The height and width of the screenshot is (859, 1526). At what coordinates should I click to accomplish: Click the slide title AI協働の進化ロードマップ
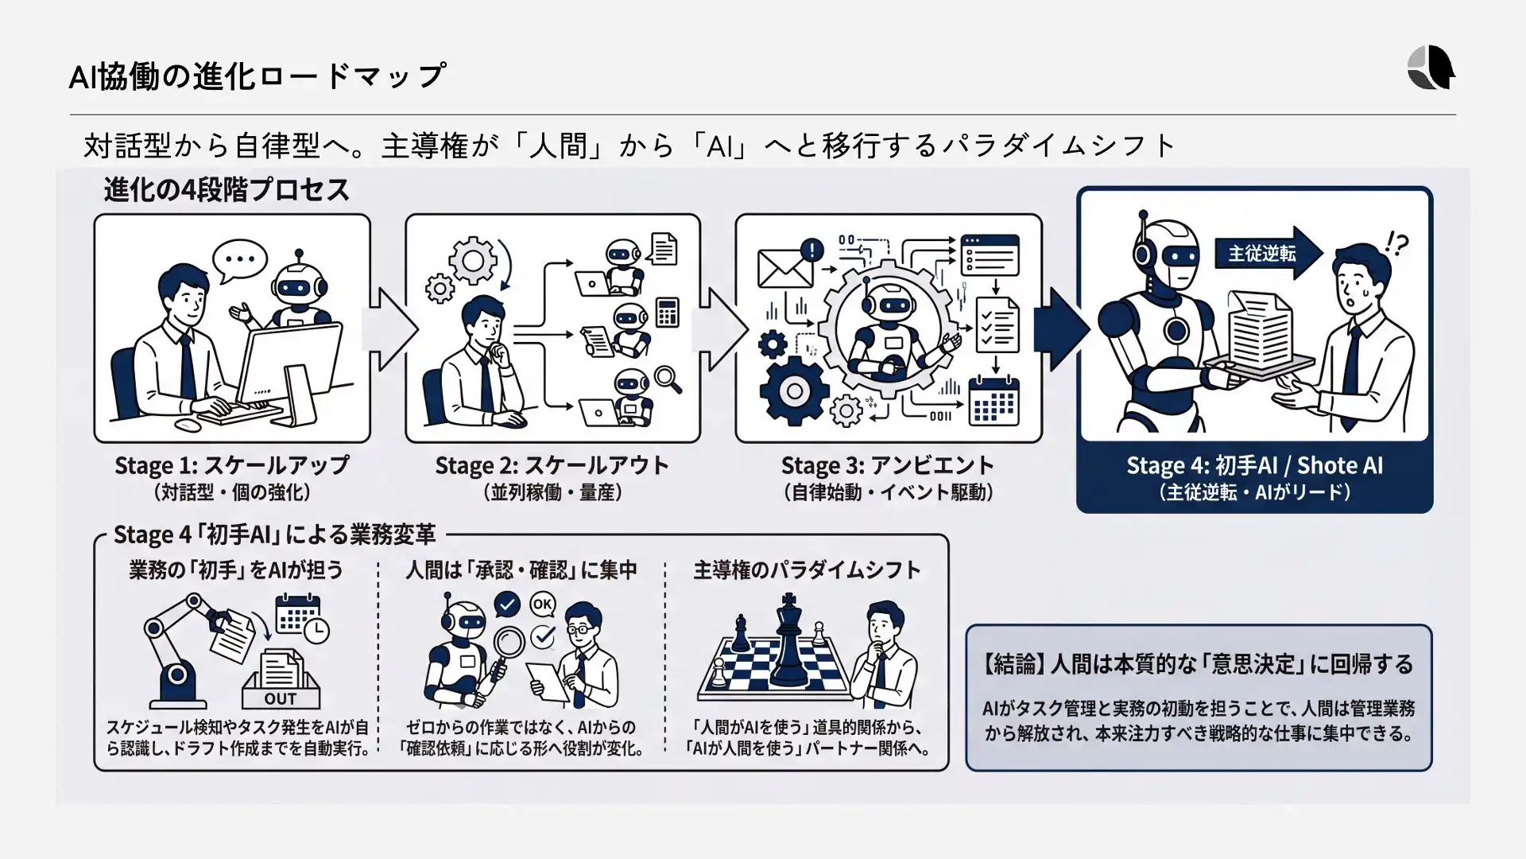click(x=258, y=76)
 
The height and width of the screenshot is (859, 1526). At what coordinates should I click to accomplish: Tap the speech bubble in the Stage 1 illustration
click(x=240, y=260)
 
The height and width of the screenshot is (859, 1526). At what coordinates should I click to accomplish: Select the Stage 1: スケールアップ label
click(x=232, y=465)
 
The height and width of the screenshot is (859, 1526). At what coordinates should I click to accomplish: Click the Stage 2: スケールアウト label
click(x=552, y=465)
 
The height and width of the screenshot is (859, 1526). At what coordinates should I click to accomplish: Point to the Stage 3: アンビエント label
click(x=888, y=465)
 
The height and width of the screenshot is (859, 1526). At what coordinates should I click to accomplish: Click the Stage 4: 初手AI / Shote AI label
click(x=1254, y=465)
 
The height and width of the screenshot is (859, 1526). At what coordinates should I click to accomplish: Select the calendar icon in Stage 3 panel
click(x=993, y=402)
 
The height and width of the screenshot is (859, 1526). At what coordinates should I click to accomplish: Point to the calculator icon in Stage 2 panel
click(x=668, y=313)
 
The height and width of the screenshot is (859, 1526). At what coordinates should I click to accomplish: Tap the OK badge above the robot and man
click(x=543, y=604)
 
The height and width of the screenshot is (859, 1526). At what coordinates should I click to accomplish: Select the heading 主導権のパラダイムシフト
click(x=807, y=570)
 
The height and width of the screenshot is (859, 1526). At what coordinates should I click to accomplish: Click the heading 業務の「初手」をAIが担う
click(x=236, y=570)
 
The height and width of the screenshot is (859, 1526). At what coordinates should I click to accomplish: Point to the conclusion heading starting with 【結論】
click(x=1198, y=664)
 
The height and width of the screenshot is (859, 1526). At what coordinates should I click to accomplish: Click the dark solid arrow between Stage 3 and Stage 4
click(x=1061, y=329)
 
